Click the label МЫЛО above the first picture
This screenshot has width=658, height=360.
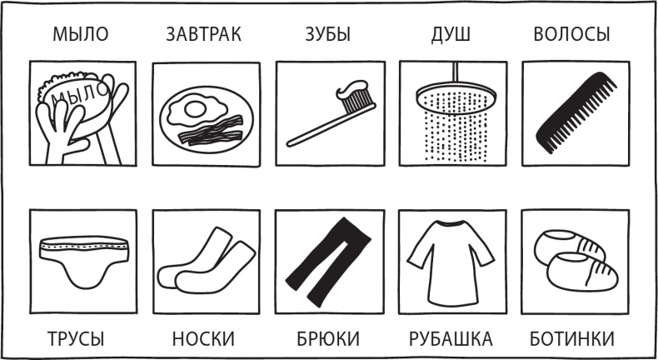pos(81,35)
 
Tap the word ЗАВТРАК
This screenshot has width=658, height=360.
pos(204,35)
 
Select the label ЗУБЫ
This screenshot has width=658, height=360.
pos(325,35)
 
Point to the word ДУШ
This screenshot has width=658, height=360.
pos(451,35)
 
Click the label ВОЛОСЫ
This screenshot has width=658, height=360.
pos(571,35)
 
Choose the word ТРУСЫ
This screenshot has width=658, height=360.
pos(75,339)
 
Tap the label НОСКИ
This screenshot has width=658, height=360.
pos(203,339)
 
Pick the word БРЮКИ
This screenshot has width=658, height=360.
pos(328,339)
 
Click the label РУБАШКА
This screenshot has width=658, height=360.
pos(451,339)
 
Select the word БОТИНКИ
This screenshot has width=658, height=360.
pos(572,339)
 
